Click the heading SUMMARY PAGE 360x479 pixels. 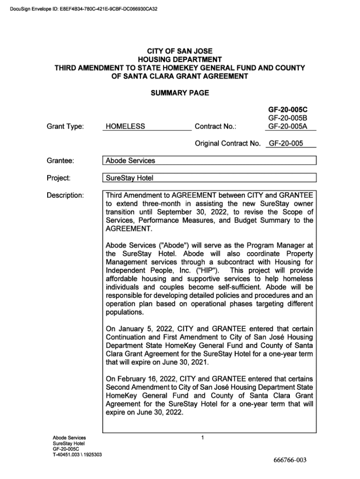(x=180, y=93)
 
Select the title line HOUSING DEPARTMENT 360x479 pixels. (x=180, y=59)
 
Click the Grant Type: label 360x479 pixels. (x=65, y=126)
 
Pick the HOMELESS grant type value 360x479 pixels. (x=125, y=126)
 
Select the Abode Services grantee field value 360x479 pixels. (x=130, y=161)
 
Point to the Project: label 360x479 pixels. (x=59, y=178)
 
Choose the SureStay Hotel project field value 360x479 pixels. (x=130, y=178)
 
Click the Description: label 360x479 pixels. (x=65, y=195)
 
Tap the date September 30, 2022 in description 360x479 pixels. (x=194, y=212)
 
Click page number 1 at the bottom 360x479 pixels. (x=202, y=438)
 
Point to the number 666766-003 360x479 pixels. (x=290, y=460)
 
